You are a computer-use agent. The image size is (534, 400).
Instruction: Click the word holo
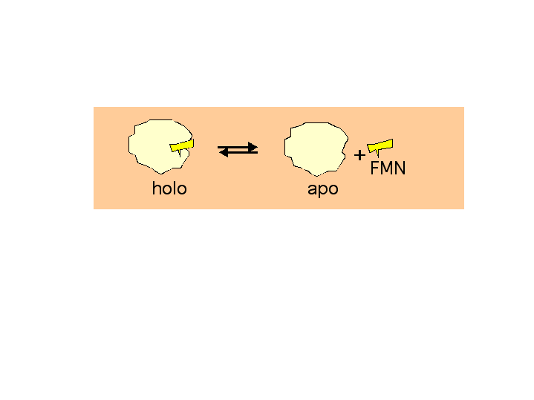pyautogui.click(x=169, y=188)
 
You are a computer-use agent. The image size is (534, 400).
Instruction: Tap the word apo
pyautogui.click(x=323, y=190)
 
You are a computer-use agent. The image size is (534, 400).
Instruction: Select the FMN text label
pyautogui.click(x=388, y=168)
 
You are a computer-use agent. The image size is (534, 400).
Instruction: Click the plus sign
pyautogui.click(x=359, y=155)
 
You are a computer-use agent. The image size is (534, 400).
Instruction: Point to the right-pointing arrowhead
pyautogui.click(x=253, y=147)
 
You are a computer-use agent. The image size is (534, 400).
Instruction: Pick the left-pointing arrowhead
pyautogui.click(x=223, y=153)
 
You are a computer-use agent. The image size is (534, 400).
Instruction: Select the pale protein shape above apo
pyautogui.click(x=316, y=149)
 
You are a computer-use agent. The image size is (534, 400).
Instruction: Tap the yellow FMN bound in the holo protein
pyautogui.click(x=182, y=146)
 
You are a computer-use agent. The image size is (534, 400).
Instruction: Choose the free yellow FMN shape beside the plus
pyautogui.click(x=380, y=146)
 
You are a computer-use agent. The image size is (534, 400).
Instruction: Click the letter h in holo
pyautogui.click(x=156, y=188)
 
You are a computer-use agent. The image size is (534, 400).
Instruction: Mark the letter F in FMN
pyautogui.click(x=374, y=168)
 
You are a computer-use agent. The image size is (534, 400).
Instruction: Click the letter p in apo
pyautogui.click(x=323, y=191)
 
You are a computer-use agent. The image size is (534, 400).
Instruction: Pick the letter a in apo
pyautogui.click(x=312, y=190)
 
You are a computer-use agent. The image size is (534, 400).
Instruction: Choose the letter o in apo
pyautogui.click(x=333, y=190)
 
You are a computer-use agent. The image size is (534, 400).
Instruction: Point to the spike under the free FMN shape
pyautogui.click(x=377, y=154)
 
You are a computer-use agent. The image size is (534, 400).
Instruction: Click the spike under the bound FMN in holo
pyautogui.click(x=180, y=154)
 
